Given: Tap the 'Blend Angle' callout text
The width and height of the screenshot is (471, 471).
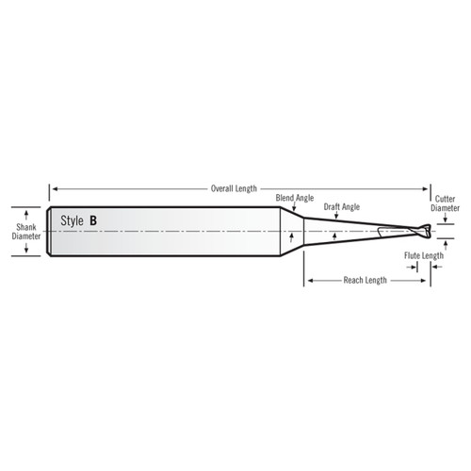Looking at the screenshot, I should coord(295,199).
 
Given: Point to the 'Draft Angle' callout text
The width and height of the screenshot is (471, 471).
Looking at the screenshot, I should coord(342,205).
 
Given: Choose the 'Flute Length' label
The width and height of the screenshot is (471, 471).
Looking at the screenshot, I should coord(424,255).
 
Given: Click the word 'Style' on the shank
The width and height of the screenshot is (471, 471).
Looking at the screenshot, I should coord(73,220).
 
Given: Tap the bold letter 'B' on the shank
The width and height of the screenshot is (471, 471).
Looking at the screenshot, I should coord(92,220).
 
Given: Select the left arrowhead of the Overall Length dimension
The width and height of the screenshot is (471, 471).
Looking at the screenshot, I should coord(54,188).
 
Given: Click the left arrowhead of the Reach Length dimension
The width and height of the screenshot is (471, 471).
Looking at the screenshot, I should coord(307,280).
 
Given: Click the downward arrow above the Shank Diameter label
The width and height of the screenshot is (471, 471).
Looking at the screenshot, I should coord(26,212).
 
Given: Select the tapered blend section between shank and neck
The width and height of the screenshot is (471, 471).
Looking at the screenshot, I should coord(295,232).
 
